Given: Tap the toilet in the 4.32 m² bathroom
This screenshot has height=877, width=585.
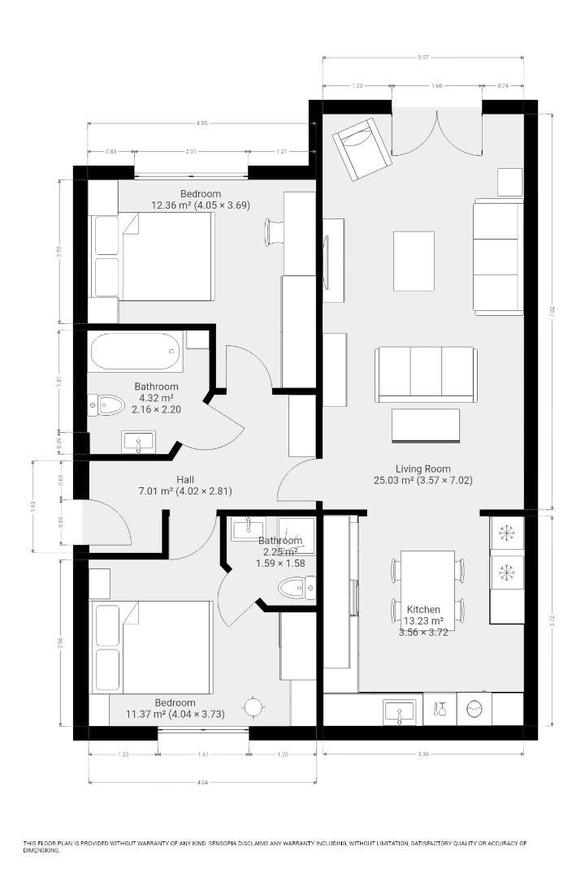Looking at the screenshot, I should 106,404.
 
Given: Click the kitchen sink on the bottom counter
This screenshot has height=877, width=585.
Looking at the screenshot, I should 399,711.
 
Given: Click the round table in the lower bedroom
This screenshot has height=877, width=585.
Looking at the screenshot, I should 253,706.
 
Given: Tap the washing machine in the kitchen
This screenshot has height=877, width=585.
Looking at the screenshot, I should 474,710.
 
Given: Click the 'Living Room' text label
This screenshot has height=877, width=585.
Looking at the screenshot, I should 422,469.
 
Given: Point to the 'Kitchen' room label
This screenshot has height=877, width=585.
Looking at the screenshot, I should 423,609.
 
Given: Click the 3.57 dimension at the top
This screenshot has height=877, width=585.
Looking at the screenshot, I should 422,58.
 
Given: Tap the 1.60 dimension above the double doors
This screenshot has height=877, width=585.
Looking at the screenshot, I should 436,85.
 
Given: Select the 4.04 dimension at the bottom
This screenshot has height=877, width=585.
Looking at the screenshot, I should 201,782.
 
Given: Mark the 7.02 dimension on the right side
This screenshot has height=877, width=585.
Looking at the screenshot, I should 552,309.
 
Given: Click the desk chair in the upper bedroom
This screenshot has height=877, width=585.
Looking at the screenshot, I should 273,231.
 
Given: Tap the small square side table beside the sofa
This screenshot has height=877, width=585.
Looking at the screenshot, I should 509,182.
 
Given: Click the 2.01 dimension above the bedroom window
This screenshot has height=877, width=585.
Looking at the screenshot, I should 191,152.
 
